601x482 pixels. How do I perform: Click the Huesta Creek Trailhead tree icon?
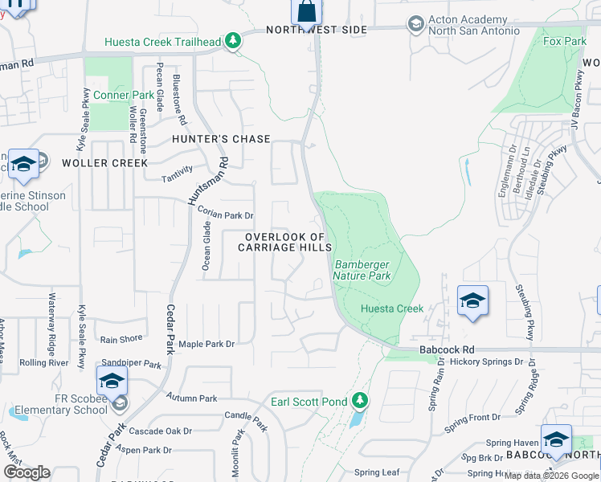(x=233, y=40)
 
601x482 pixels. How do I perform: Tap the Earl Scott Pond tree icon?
(x=361, y=400)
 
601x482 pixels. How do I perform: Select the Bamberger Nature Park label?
(x=362, y=270)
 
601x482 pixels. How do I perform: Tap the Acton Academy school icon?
(x=415, y=25)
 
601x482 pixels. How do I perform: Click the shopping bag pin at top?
(x=306, y=12)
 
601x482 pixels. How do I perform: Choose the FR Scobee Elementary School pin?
(x=112, y=380)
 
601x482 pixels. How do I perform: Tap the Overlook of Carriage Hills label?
(x=285, y=242)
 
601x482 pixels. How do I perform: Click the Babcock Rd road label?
(x=448, y=350)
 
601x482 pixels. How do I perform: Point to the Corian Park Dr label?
(x=226, y=215)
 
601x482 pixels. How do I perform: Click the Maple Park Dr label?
(x=206, y=344)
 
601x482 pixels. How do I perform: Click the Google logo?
(x=27, y=472)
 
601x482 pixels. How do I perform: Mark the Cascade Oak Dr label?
(x=160, y=431)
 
